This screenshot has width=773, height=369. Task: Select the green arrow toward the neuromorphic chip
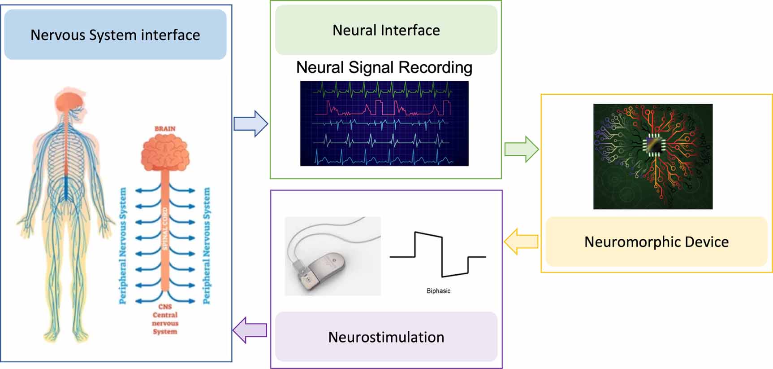(521, 149)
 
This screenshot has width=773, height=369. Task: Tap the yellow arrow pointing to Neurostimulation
(521, 242)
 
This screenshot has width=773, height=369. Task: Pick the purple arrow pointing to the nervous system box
(250, 330)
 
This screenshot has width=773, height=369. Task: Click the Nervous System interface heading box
(115, 35)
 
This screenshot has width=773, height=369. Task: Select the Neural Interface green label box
(386, 31)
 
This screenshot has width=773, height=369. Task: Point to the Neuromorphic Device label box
(656, 242)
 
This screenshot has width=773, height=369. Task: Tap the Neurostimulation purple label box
(386, 337)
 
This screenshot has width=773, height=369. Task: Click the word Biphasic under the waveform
(438, 291)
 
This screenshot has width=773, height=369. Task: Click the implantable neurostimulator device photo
(333, 256)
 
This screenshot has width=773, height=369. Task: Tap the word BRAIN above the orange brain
(165, 128)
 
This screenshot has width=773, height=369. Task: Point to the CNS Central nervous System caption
(165, 319)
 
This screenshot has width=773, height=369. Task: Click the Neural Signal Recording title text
(384, 67)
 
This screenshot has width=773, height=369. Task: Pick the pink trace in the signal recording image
(388, 108)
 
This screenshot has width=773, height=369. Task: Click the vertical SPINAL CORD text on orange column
(164, 229)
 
